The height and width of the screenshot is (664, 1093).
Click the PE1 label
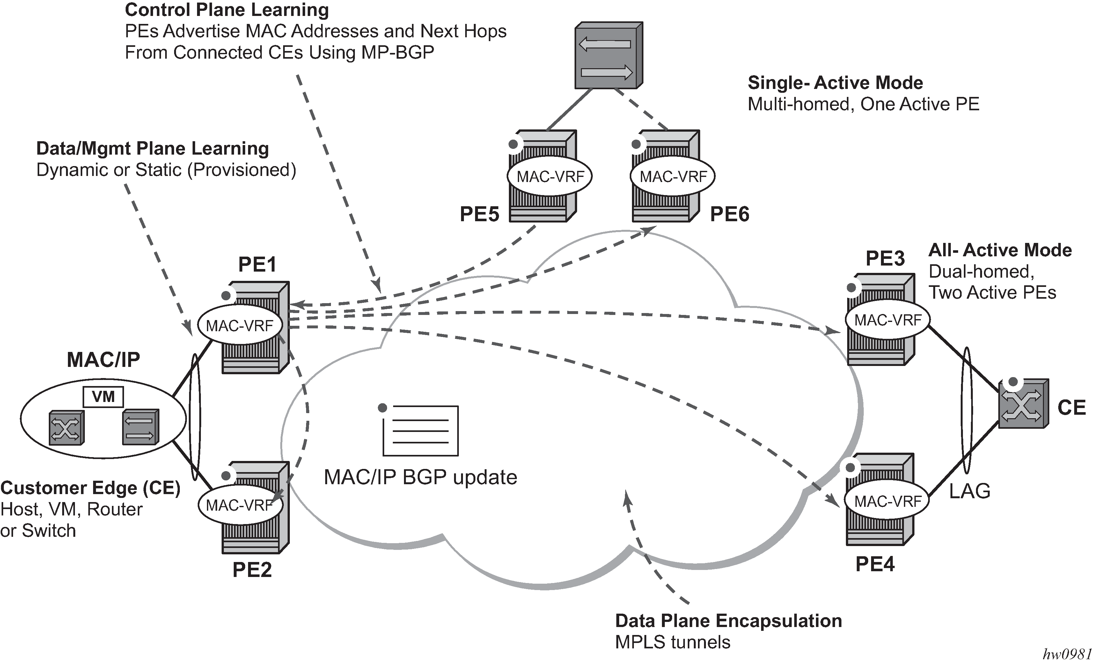[257, 265]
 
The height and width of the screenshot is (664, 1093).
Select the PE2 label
[252, 570]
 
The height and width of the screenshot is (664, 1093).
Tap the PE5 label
[479, 214]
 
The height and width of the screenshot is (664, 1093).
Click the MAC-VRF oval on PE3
[888, 320]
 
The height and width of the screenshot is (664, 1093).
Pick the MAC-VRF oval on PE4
[888, 501]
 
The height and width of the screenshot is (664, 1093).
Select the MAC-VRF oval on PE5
[550, 177]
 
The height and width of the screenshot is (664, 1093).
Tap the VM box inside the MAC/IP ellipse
[103, 397]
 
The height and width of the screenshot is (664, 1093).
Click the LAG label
[970, 491]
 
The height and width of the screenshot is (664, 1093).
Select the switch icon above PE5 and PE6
[609, 55]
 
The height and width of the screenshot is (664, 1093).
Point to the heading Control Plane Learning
[227, 10]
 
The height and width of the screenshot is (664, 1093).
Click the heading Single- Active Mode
[835, 83]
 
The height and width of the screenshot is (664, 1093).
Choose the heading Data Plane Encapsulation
[728, 621]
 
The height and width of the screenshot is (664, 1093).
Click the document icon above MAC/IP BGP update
[420, 430]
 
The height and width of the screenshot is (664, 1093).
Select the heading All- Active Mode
[1000, 250]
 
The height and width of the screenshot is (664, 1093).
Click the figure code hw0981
[1067, 654]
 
